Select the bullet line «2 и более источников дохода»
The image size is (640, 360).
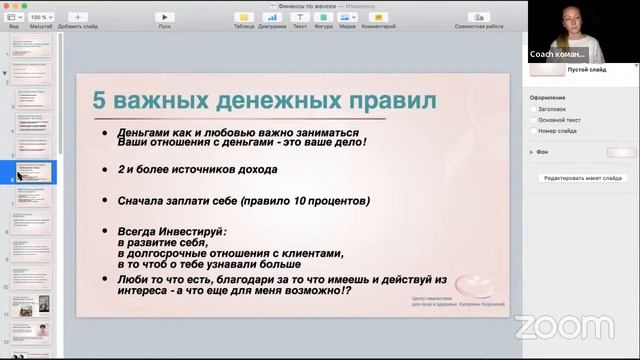[x=197, y=170]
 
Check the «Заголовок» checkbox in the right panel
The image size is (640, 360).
[x=533, y=109]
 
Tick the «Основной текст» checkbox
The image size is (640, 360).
[x=533, y=120]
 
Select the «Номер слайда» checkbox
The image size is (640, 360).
[x=533, y=131]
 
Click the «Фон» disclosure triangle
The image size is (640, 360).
[x=532, y=152]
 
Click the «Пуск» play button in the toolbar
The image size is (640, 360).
[x=165, y=17]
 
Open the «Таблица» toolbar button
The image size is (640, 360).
[x=243, y=18]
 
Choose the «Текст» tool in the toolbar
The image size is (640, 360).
[x=299, y=18]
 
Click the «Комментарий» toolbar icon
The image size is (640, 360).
[x=378, y=18]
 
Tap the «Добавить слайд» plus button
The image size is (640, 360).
[x=78, y=17]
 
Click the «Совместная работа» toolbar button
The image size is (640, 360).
[x=479, y=18]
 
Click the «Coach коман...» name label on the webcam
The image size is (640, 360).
[x=557, y=54]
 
